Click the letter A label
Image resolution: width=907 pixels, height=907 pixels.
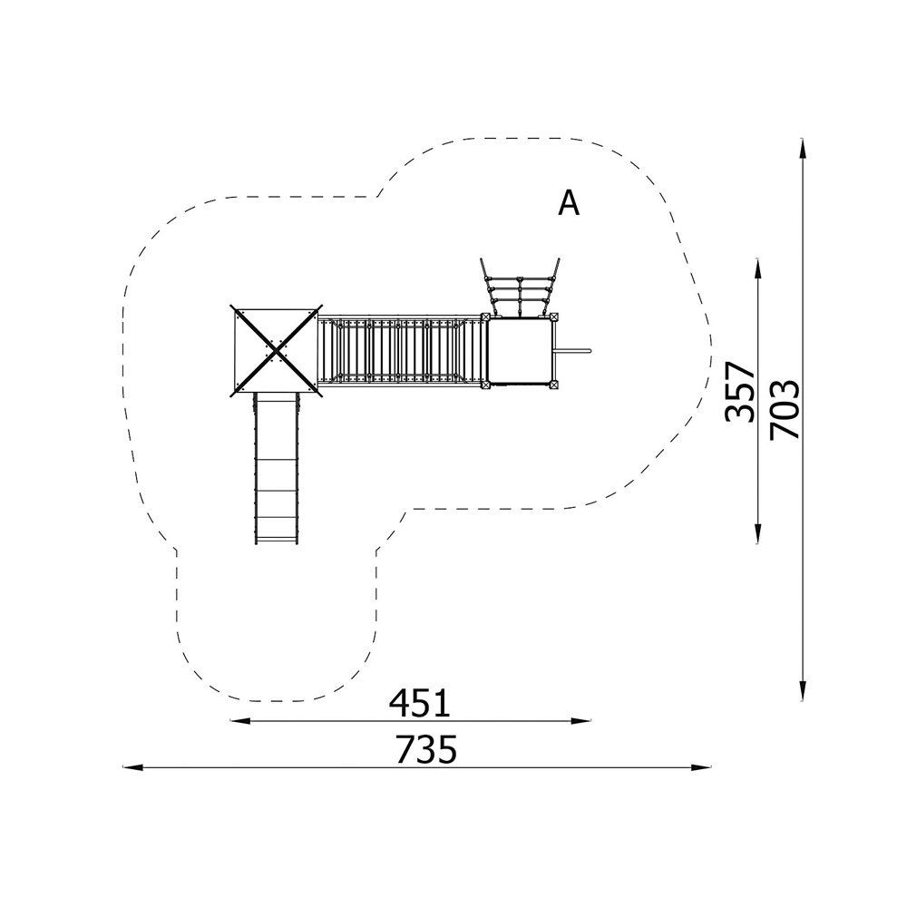pos(569,202)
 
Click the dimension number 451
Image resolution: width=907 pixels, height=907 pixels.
pos(419,703)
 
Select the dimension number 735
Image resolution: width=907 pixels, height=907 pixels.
pos(426,750)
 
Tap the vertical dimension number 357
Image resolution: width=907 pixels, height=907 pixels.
pos(740,392)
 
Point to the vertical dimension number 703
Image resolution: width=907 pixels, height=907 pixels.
pos(785,409)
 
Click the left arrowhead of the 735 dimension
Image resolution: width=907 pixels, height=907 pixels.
pos(132,767)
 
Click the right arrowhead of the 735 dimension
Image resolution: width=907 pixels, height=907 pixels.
pos(702,767)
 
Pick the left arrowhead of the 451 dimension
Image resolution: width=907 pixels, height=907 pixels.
pos(240,721)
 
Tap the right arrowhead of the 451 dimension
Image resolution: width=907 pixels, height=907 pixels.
pos(581,721)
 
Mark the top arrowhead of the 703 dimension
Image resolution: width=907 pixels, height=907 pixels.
pos(803,148)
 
